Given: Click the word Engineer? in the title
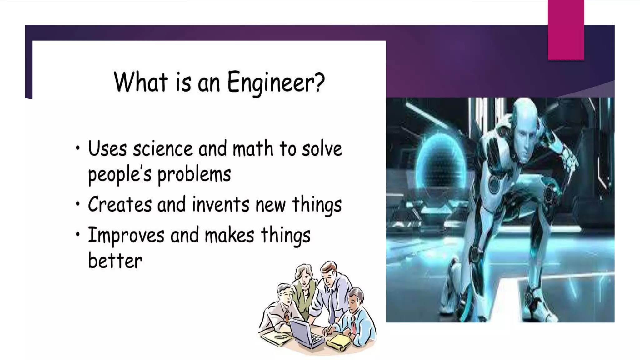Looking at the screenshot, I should coord(276,82).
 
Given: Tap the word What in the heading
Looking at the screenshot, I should coord(141,82).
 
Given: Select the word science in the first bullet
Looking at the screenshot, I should coord(162,149).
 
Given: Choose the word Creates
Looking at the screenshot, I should coord(120,205).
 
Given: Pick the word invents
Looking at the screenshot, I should coord(221,205).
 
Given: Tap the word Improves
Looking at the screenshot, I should coord(126,235).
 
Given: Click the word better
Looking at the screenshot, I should coord(115,261).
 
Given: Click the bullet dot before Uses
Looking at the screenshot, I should coord(78,148).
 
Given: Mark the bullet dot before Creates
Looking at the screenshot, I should coord(78,204).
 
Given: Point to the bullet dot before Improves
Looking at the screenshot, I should coord(78,234).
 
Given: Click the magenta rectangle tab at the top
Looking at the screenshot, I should coord(566,30).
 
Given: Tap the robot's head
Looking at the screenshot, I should coord(526,128).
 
